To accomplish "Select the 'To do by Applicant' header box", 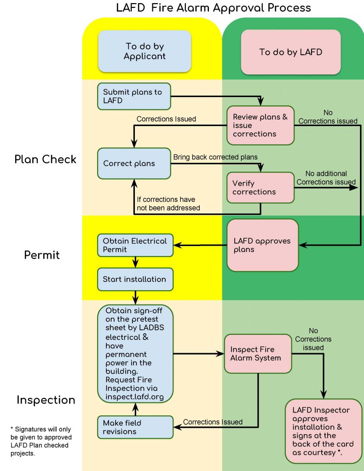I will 145,52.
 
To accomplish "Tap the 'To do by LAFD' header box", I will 290,52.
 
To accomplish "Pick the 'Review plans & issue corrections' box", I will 260,125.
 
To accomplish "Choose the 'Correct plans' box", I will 134,163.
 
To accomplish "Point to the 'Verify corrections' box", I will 260,187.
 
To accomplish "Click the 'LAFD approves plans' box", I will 263,245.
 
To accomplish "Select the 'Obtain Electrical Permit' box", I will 135,245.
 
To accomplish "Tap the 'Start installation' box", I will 135,279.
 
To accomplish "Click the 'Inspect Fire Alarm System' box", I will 258,354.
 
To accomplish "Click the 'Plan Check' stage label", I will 45,159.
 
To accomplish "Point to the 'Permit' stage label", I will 42,254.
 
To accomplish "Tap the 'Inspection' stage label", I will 46,400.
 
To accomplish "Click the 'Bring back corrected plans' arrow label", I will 215,157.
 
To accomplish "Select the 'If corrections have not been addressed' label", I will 169,203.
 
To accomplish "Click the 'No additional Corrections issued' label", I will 326,178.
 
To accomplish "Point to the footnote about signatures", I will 41,441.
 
